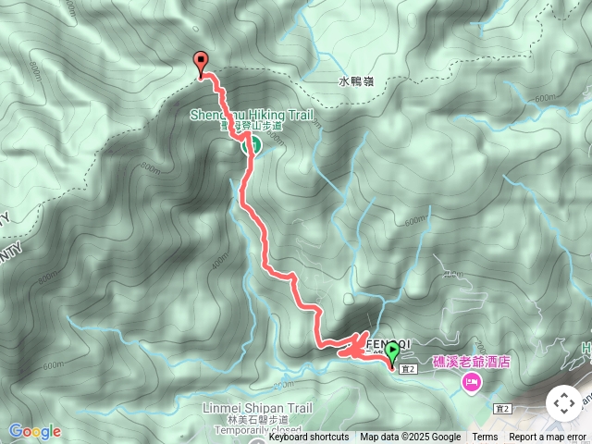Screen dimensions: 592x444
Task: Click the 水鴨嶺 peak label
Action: (x=355, y=81)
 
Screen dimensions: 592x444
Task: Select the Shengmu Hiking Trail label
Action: (x=252, y=116)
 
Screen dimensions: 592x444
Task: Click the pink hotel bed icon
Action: (x=472, y=382)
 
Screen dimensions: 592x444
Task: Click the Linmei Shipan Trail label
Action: (x=256, y=408)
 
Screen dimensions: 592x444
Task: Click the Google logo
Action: (x=34, y=431)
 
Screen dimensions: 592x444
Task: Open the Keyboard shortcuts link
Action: (x=309, y=438)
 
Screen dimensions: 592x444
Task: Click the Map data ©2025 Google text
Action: (x=410, y=438)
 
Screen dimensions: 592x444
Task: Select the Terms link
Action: (x=485, y=438)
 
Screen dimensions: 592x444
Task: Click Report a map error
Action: (x=548, y=438)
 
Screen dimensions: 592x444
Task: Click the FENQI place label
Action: (x=385, y=342)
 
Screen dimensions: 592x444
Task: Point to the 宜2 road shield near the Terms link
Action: (x=503, y=408)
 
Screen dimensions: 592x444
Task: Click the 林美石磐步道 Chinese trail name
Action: (x=256, y=419)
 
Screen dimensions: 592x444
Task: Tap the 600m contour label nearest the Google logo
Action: (x=54, y=364)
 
